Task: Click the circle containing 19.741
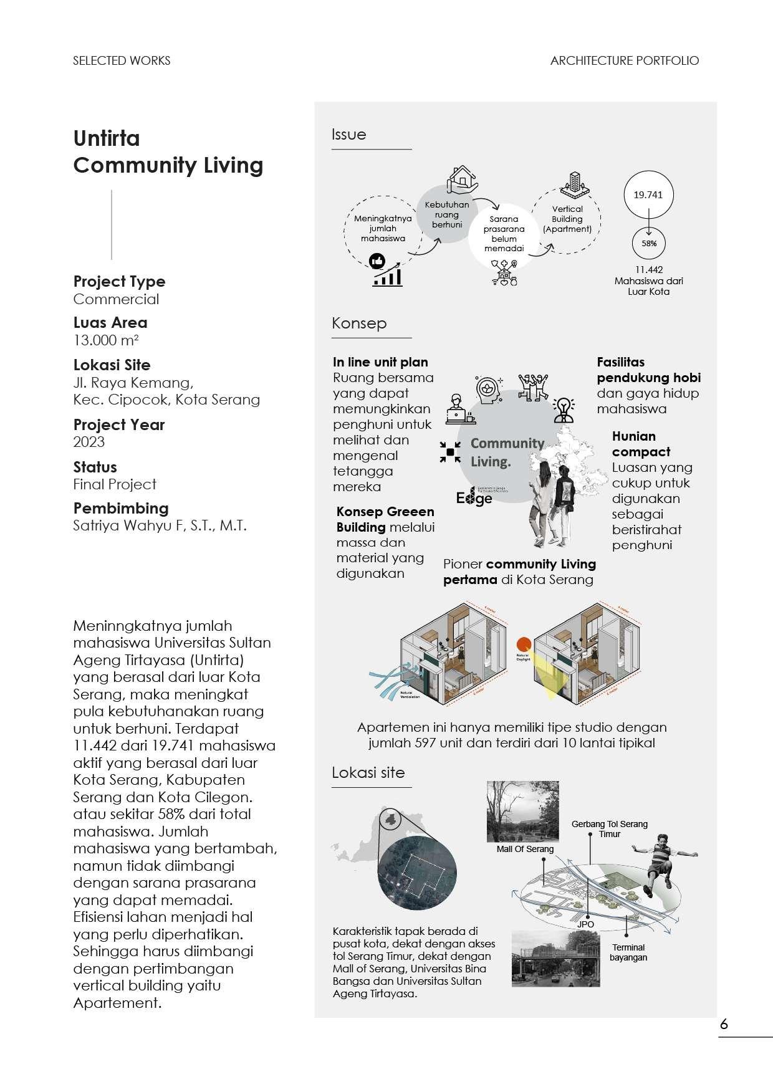point(648,194)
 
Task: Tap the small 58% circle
point(649,244)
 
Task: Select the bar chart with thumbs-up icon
point(386,271)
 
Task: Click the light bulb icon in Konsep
point(564,408)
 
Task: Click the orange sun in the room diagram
point(524,644)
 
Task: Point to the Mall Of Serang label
point(525,849)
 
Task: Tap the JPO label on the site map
point(585,924)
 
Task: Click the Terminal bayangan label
point(628,952)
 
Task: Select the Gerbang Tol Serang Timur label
point(609,828)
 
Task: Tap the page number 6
point(724,1024)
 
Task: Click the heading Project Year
point(119,425)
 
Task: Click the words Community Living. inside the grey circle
point(506,452)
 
